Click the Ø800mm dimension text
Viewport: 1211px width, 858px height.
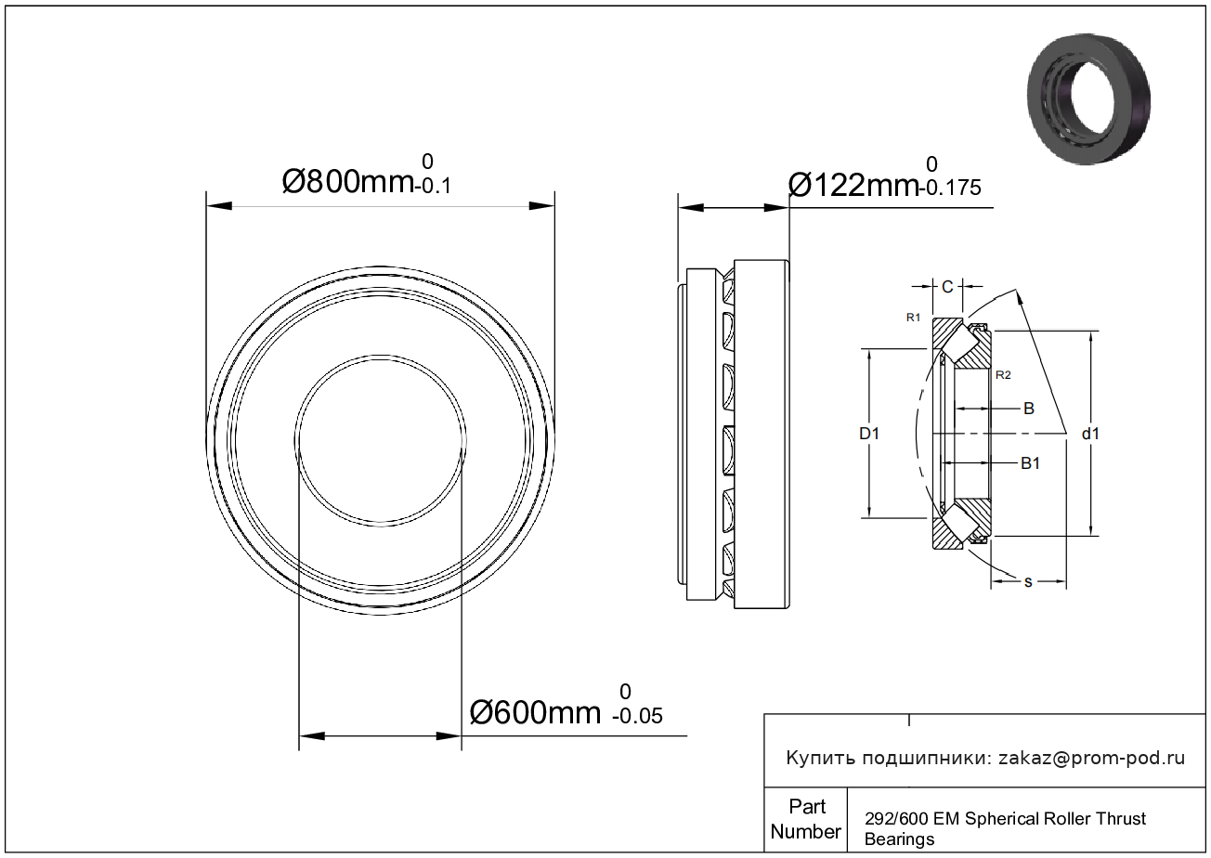348,181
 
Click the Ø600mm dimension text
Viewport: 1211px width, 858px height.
535,712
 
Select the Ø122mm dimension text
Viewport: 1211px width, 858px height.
853,185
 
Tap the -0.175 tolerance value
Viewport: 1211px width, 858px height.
950,188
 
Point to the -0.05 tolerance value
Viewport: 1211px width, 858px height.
637,716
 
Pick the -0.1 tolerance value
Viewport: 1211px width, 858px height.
433,186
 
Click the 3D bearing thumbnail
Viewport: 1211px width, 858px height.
1088,99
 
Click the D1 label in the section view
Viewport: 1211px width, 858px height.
869,433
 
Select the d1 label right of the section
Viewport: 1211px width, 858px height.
1090,433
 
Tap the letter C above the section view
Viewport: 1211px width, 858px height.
947,287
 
